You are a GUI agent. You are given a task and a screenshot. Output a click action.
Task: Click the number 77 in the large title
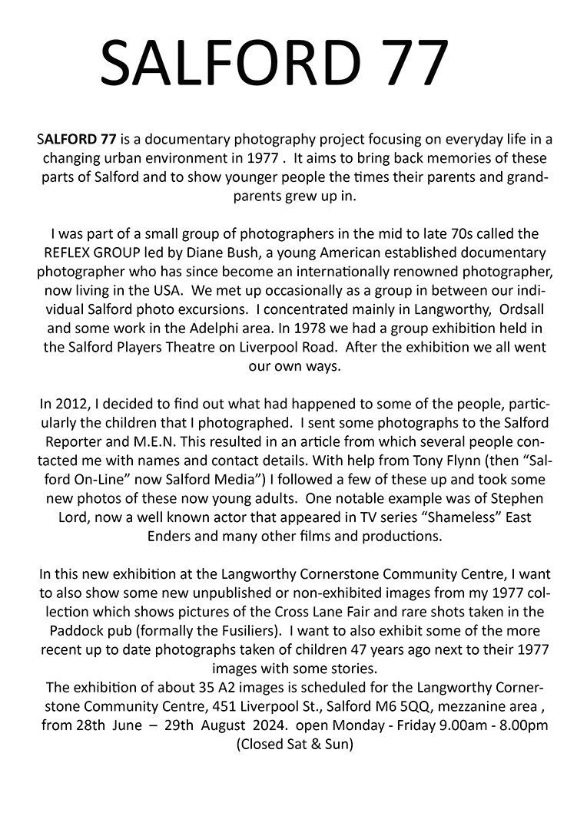pyautogui.click(x=406, y=63)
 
